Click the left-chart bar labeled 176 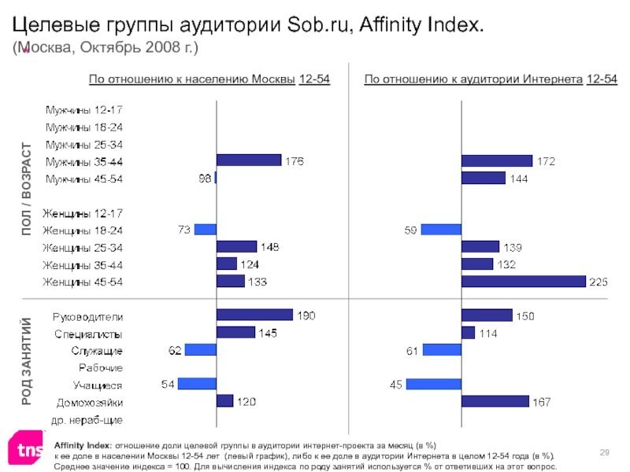pos(248,160)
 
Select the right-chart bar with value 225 pos(524,281)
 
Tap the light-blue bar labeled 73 pos(205,230)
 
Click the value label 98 pos(204,179)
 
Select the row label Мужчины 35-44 pos(83,161)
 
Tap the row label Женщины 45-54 pos(83,281)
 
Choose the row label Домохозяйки pos(88,402)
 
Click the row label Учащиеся pos(98,385)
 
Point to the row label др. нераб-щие pos(88,419)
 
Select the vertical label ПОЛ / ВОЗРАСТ pos(27,189)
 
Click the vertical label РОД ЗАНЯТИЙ pos(27,361)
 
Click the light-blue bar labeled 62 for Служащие pos(200,349)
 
